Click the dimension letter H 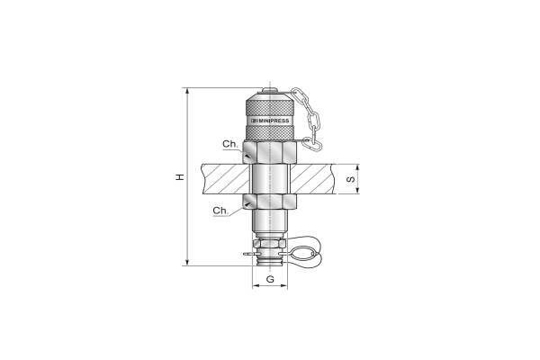pos(180,177)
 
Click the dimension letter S pos(351,179)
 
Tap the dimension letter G pos(270,279)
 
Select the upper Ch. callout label pos(230,144)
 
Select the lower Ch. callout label pos(220,210)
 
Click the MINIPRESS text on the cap pos(274,121)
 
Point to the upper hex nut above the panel pos(270,152)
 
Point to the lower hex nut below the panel pos(270,202)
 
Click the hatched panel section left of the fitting pos(226,179)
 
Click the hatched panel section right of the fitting pos(312,179)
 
